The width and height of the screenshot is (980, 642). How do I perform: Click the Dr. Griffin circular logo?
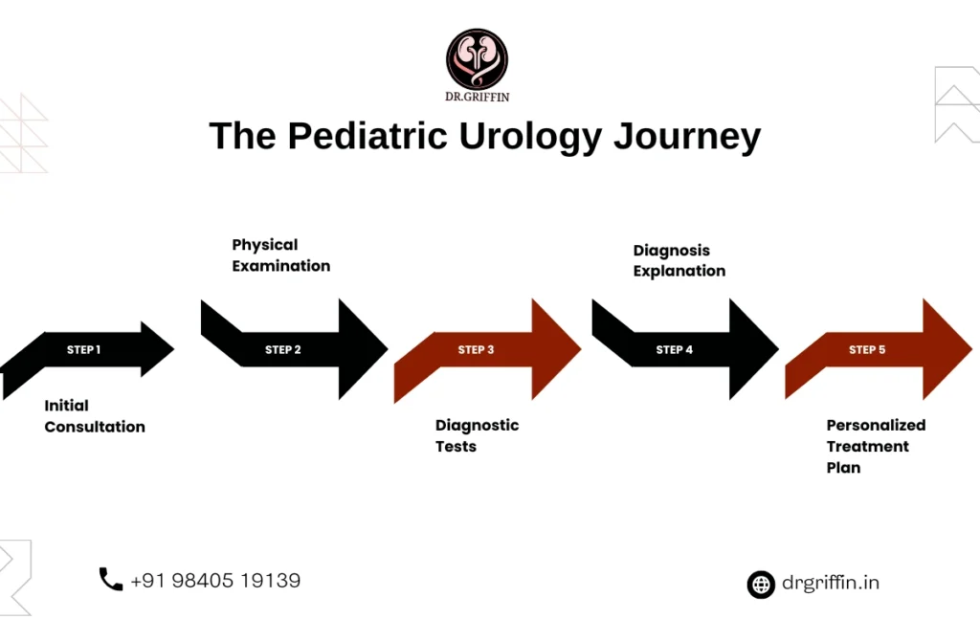point(477,58)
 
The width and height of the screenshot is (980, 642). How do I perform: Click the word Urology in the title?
point(530,136)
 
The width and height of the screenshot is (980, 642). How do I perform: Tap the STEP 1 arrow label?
point(83,350)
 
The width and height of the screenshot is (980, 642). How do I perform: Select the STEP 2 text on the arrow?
point(283,350)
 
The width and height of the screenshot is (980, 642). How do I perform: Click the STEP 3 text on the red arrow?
point(476,350)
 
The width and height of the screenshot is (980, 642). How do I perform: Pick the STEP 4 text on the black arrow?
point(675,350)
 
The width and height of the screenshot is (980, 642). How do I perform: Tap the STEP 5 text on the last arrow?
point(867,350)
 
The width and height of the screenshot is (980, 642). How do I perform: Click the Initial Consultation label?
point(95,416)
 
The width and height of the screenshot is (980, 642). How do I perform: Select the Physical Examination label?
point(280,255)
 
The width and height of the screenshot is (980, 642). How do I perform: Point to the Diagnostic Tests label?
point(477,435)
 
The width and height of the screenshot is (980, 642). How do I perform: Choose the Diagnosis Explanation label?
point(679,260)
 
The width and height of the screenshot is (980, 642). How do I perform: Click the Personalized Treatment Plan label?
point(876,446)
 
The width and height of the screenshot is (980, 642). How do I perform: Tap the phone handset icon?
point(111,579)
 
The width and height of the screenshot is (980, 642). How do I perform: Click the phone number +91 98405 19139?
point(215,580)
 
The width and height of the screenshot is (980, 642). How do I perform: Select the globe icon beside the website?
point(761,584)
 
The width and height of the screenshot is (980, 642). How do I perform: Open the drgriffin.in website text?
point(830,583)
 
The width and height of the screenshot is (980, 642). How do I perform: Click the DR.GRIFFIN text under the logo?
point(477,98)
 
